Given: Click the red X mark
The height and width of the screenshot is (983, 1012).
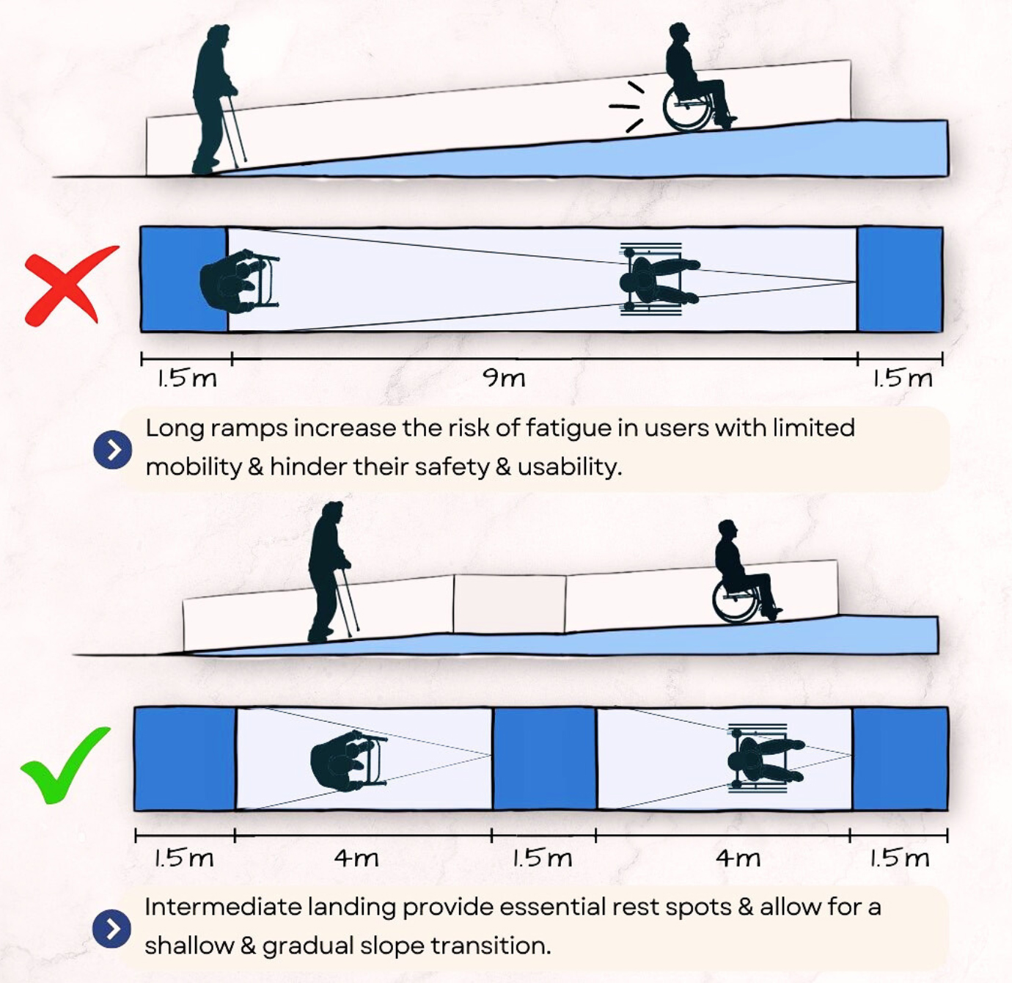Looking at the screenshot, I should pos(67,286).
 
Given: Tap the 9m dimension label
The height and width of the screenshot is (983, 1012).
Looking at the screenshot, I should pos(504,378).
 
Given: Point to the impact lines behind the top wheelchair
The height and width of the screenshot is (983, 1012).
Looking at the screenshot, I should pos(627,106).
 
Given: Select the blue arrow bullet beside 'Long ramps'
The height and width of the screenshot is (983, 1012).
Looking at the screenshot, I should pos(112,450).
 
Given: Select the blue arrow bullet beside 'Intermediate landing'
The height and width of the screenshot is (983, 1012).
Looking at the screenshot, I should pos(111,929).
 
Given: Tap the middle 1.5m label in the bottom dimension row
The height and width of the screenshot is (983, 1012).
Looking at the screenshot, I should pos(542,857).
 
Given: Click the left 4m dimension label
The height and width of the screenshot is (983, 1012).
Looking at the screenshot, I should pos(356,857).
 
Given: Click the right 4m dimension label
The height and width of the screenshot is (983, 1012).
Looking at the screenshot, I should pos(738,857).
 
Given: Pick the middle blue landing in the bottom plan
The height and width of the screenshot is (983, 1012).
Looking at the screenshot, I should pos(544,759).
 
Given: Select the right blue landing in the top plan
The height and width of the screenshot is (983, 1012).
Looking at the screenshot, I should pos(900,279).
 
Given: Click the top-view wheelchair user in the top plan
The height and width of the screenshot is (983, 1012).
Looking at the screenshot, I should pos(655,279).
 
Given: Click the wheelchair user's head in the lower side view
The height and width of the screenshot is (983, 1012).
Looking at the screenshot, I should pos(727,530).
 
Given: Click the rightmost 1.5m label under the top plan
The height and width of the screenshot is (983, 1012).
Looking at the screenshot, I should pos(902,378).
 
